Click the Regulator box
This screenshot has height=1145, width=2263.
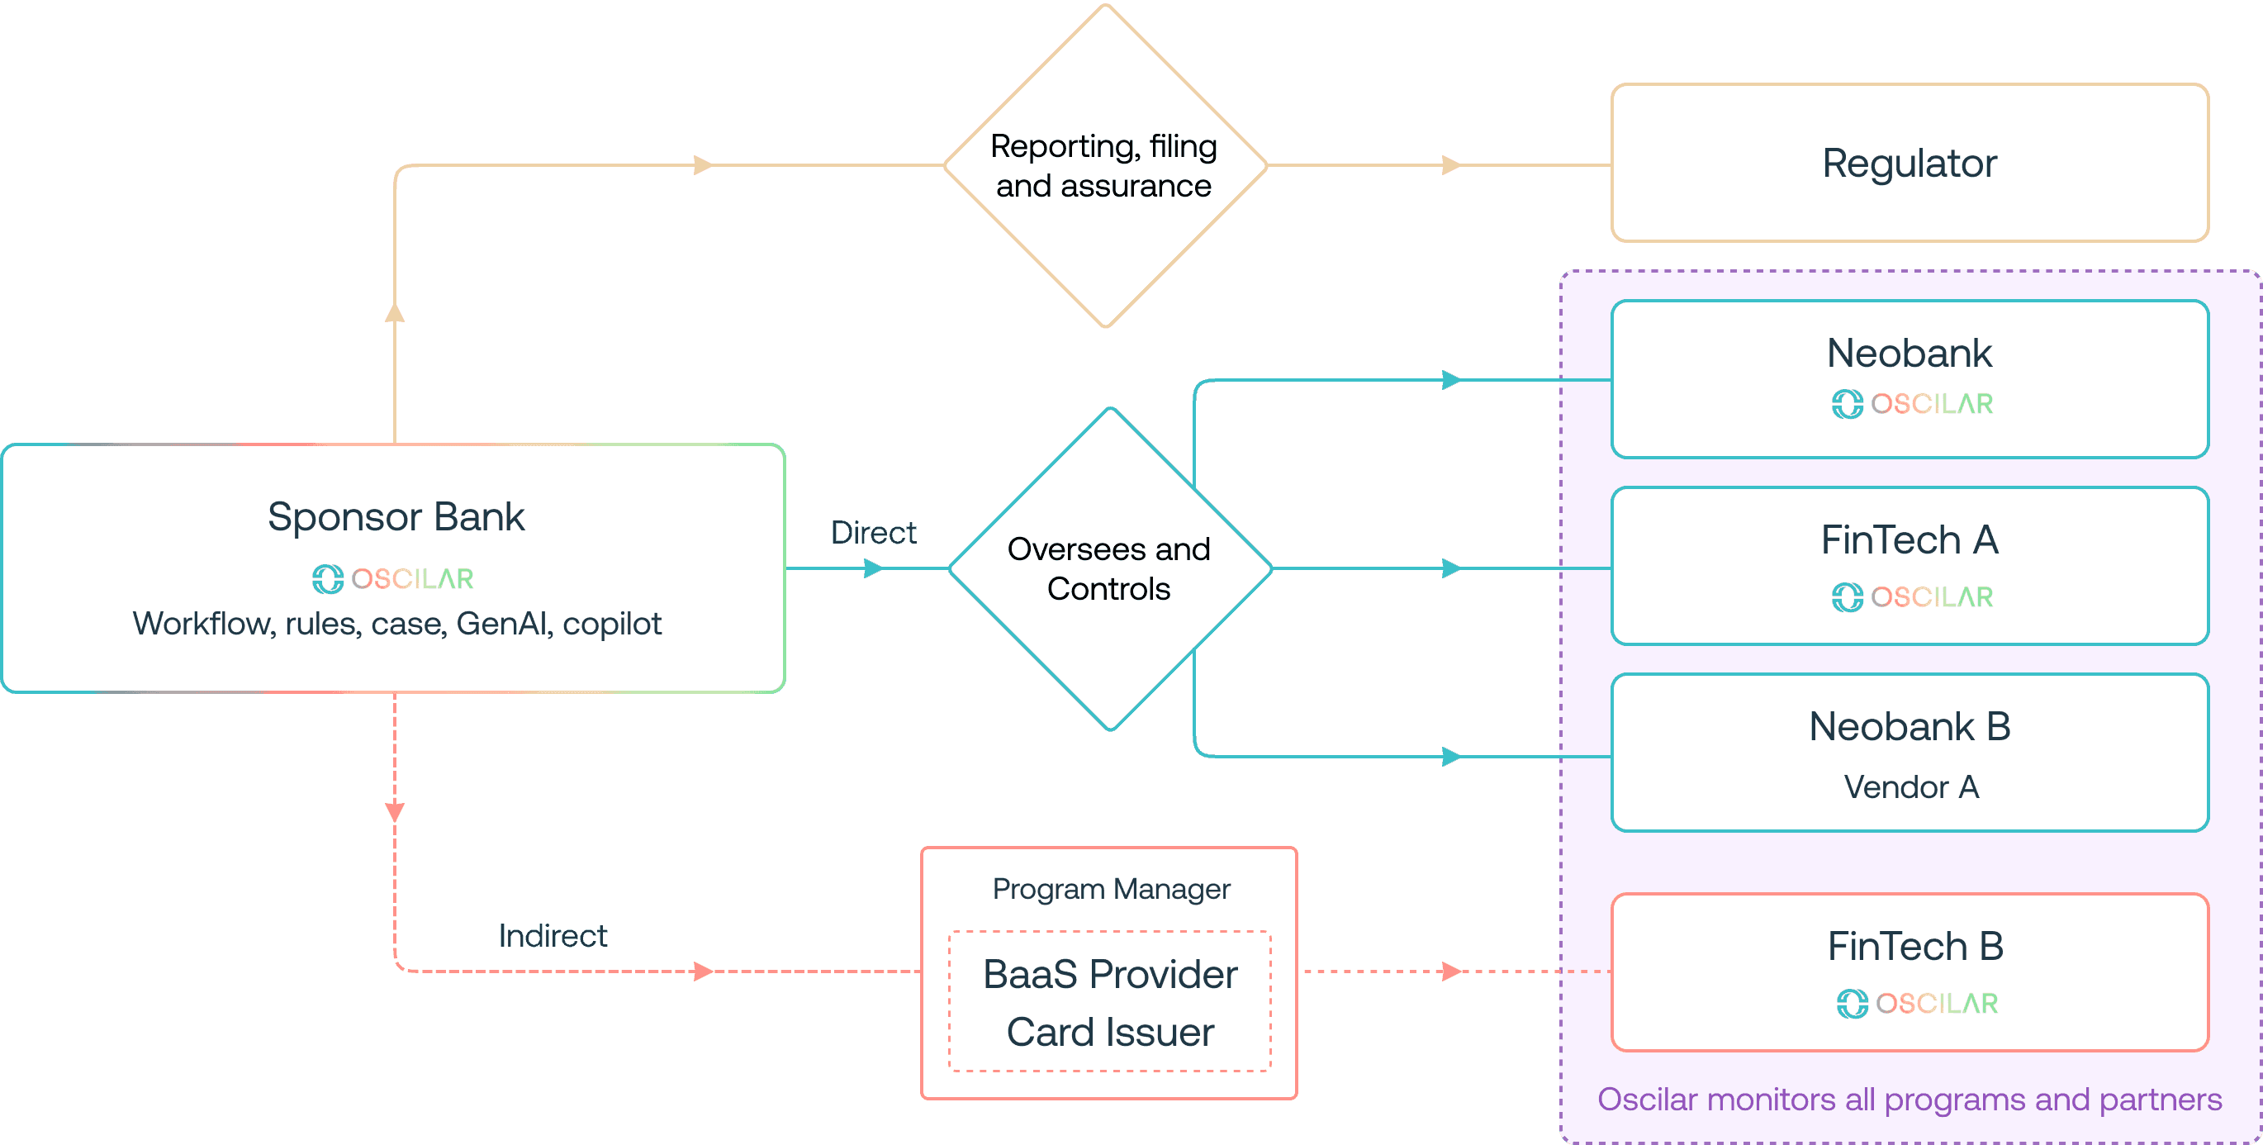point(1909,163)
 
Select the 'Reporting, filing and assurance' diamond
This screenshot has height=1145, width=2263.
point(1105,165)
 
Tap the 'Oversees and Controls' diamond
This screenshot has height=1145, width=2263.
point(1110,568)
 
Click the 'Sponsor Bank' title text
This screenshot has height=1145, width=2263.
point(396,516)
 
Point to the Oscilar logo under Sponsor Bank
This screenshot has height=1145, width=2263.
point(392,579)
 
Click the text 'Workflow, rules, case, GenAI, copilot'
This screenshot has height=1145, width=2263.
point(396,624)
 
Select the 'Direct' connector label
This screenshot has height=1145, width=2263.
point(873,533)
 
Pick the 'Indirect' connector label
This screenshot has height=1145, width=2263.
point(553,936)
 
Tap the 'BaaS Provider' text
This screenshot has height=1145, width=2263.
point(1110,974)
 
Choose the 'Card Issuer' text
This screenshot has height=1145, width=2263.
point(1110,1032)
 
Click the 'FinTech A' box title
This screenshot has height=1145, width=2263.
point(1909,539)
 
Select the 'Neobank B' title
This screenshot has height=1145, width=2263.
point(1909,727)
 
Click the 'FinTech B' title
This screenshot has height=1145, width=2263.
point(1915,947)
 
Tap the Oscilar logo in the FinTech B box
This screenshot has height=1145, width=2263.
point(1917,1004)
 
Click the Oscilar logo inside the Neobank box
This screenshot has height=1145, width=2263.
point(1912,404)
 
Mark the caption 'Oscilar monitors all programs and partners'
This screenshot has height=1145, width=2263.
point(1909,1100)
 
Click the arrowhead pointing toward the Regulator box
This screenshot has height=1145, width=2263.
point(1452,165)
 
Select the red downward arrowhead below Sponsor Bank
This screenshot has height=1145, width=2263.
point(395,812)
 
